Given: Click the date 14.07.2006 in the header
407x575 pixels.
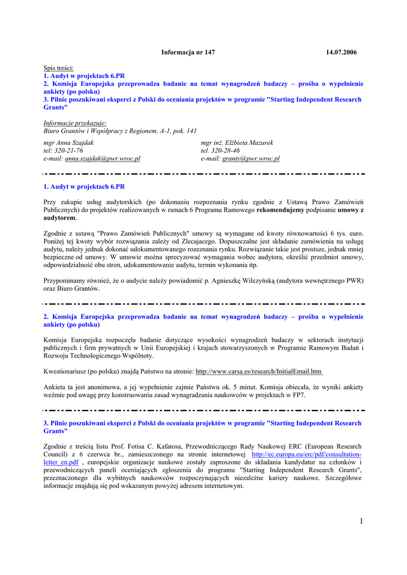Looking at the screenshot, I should coord(341,52).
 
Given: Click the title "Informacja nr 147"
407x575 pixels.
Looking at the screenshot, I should coord(188,52).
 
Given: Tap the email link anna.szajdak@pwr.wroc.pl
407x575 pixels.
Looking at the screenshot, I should coord(102,158).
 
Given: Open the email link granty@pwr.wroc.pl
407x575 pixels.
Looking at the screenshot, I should coord(251,158).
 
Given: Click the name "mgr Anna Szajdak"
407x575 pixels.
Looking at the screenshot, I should coord(69,143).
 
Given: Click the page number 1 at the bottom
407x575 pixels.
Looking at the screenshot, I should coord(361,522).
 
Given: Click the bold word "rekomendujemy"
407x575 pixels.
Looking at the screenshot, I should coord(281,209).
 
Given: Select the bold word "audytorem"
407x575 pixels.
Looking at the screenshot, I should coord(59,217).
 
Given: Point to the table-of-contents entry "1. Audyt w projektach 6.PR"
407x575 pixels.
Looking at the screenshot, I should coord(84,75).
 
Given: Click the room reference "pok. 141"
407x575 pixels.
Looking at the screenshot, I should coord(184,131).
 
